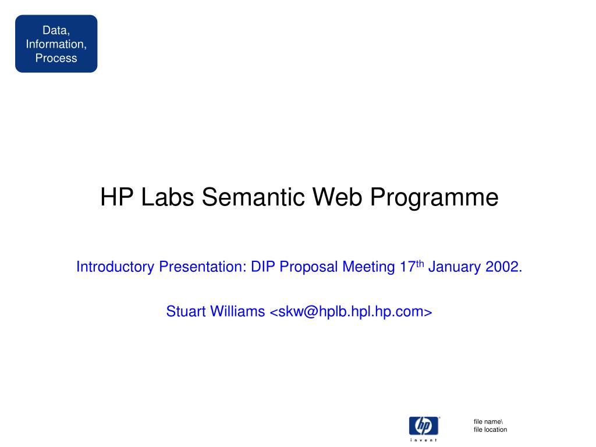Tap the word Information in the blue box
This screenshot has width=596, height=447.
tap(55, 44)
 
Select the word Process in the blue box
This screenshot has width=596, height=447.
tap(56, 58)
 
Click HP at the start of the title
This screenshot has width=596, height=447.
tap(116, 197)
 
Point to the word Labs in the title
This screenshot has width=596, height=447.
tap(167, 197)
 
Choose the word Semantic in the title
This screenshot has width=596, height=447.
tap(253, 197)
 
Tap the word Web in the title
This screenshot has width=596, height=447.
tap(337, 197)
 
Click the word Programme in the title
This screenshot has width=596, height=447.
tap(434, 198)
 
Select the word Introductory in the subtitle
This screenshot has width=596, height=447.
tap(115, 267)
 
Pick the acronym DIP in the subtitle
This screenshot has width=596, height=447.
tap(262, 267)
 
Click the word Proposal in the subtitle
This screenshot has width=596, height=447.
tap(308, 267)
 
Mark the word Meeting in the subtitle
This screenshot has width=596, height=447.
tap(368, 267)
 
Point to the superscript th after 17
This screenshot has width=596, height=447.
tap(420, 264)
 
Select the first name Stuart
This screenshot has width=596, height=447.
tap(186, 311)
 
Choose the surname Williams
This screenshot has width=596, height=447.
tap(237, 311)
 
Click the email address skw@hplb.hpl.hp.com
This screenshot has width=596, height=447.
tap(350, 312)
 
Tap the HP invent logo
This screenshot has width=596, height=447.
tap(424, 429)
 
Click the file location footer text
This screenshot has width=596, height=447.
tap(490, 430)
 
